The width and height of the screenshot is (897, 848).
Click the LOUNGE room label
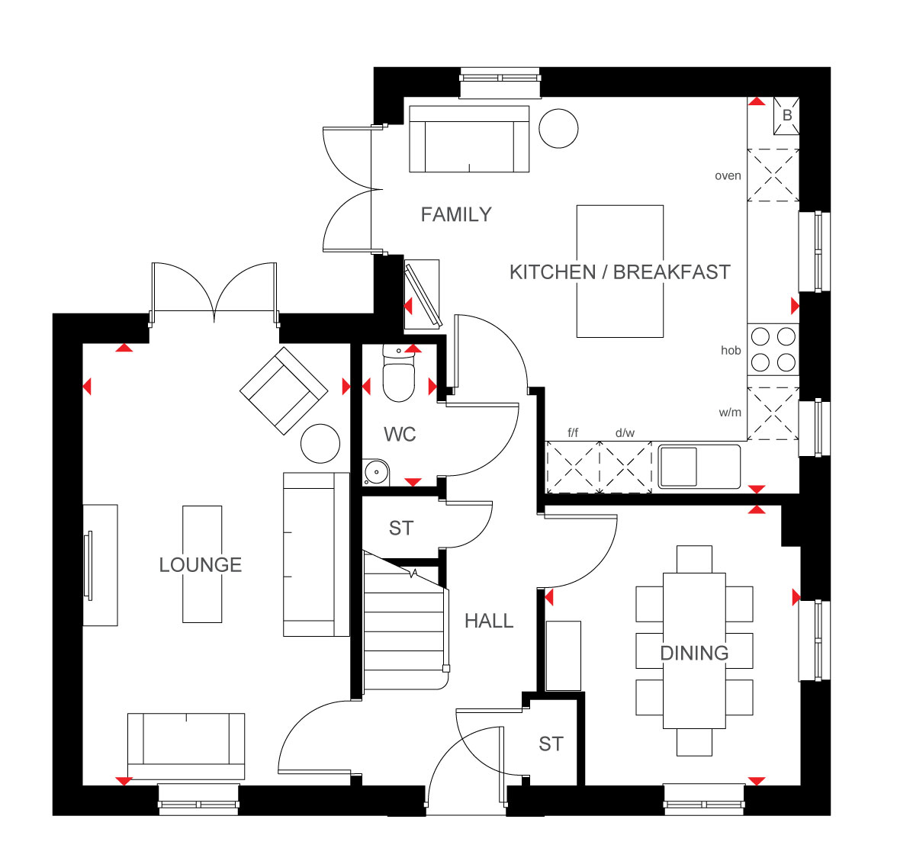click(x=200, y=565)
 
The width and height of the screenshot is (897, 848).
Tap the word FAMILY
click(x=456, y=214)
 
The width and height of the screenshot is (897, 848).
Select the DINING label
click(x=694, y=653)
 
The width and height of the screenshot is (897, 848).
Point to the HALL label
click(x=488, y=621)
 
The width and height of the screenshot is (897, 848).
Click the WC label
click(x=400, y=435)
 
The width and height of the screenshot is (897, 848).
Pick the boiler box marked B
click(x=786, y=115)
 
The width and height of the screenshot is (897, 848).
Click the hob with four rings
click(x=773, y=349)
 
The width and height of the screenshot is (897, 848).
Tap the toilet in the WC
click(x=398, y=373)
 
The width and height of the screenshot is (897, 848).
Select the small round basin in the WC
click(x=376, y=472)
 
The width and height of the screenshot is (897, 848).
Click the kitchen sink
click(x=699, y=467)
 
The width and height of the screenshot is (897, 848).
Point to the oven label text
click(x=728, y=176)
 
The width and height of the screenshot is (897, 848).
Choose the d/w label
click(x=625, y=433)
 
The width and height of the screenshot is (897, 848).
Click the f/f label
click(x=573, y=433)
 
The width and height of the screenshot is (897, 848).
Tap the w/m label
click(x=730, y=413)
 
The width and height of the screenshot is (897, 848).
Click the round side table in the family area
click(x=558, y=129)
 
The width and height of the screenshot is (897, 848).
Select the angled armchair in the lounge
click(x=284, y=390)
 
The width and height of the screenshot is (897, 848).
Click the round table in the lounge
click(x=320, y=443)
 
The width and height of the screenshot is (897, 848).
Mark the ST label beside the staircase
click(x=400, y=528)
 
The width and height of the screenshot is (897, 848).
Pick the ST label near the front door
click(x=551, y=744)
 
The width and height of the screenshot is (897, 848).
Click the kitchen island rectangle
click(x=620, y=271)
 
